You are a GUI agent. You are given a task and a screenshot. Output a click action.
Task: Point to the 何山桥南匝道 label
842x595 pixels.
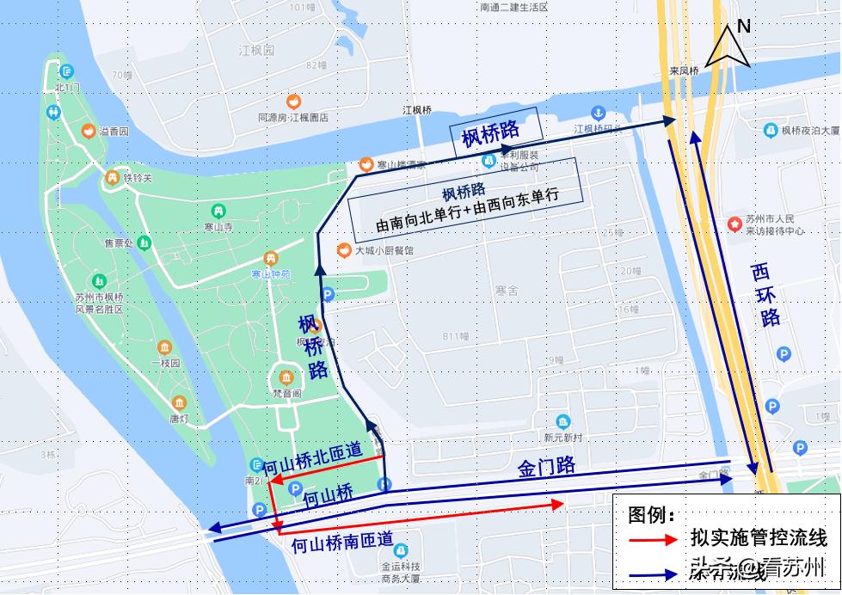coord(341,543)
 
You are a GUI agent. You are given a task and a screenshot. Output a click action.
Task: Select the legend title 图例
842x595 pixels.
coord(651,515)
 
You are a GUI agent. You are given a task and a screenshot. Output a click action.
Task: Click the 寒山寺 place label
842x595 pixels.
coord(218,227)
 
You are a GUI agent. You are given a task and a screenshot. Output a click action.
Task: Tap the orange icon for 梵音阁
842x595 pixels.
coord(286,377)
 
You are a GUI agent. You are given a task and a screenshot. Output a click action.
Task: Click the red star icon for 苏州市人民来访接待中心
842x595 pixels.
coord(734,224)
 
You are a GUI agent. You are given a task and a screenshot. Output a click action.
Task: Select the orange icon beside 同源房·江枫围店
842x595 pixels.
coord(293,101)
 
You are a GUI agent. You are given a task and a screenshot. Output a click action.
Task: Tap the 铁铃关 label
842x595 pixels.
coord(137,178)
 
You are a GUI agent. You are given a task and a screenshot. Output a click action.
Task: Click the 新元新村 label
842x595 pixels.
coord(562,438)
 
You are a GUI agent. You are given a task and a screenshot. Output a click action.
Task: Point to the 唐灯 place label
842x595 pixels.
coord(178,419)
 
